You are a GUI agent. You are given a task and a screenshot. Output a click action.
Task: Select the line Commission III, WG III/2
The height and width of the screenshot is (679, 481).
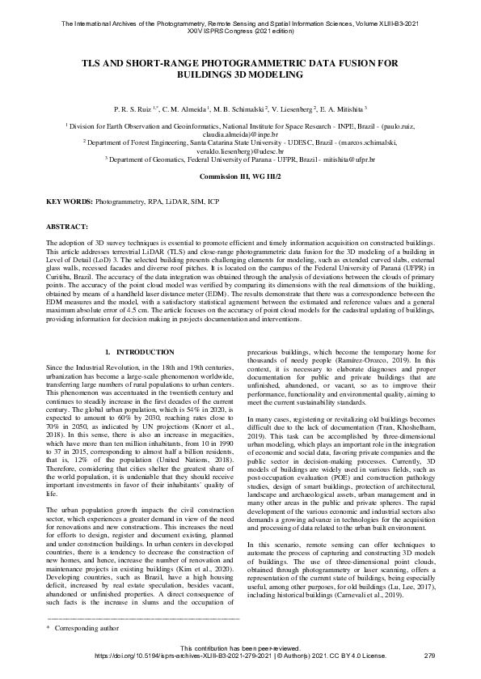[x=240, y=176]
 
